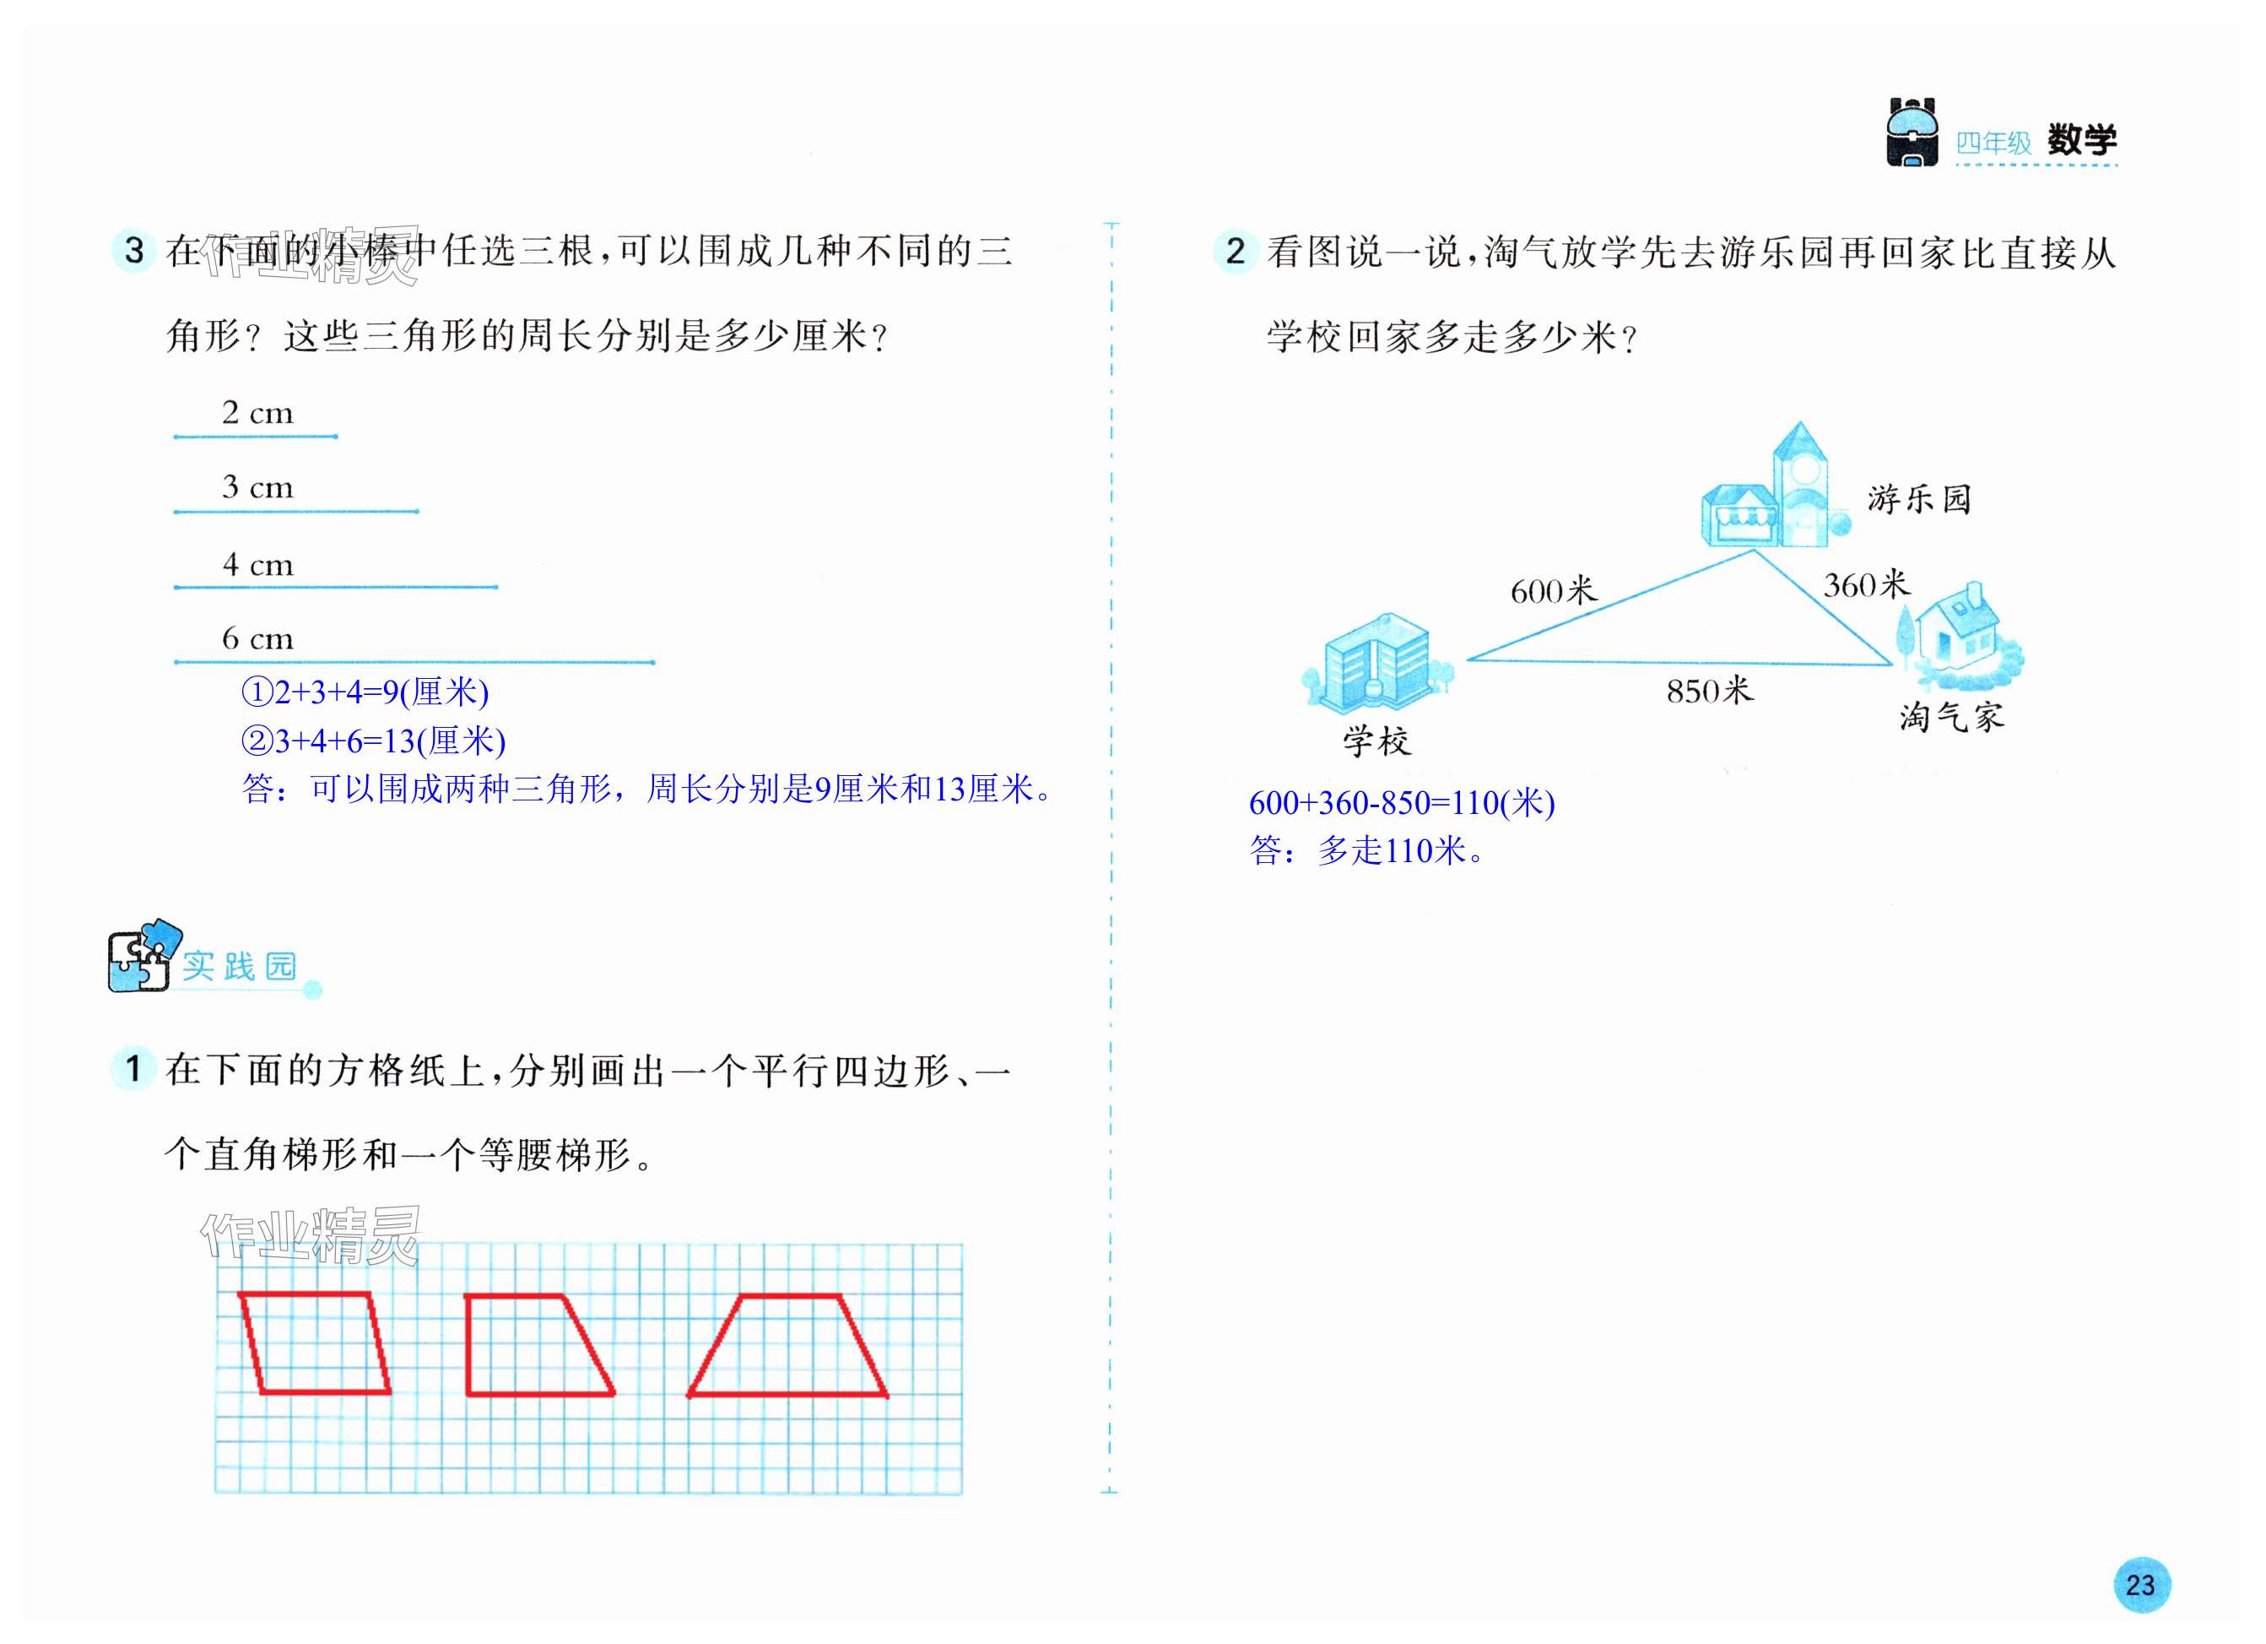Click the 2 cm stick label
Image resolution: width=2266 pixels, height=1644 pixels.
click(x=257, y=413)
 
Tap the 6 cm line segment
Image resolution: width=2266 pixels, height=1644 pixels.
click(x=414, y=662)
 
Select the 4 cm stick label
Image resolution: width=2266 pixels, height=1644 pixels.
click(x=257, y=565)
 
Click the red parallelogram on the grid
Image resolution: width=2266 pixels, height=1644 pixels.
click(x=315, y=1343)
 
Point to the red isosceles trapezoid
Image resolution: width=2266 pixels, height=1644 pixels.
click(x=788, y=1346)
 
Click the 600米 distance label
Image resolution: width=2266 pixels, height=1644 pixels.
click(x=1553, y=590)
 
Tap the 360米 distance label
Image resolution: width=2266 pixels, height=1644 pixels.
click(x=1865, y=584)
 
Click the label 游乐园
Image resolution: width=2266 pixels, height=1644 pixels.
click(x=1919, y=499)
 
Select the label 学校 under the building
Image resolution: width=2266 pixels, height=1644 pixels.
click(x=1376, y=741)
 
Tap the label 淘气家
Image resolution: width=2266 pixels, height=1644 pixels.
click(x=1950, y=717)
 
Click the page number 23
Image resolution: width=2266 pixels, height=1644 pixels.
click(x=2140, y=1585)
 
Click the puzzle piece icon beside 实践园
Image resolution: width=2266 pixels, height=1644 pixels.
click(x=142, y=957)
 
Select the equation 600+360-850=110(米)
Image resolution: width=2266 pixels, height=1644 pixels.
click(x=1401, y=802)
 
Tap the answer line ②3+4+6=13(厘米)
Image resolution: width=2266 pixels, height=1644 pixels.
click(x=374, y=741)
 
